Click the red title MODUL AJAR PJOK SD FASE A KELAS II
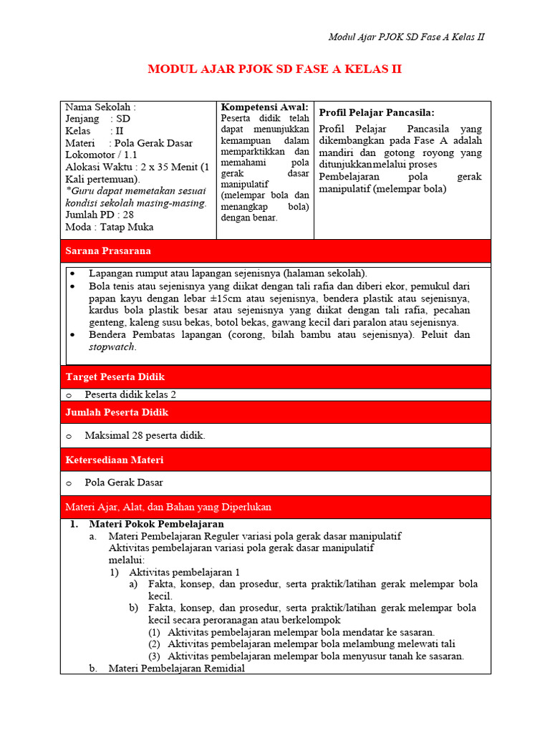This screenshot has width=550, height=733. (x=274, y=69)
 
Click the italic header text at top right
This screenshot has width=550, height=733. (x=406, y=37)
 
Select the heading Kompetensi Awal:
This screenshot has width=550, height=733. (x=264, y=107)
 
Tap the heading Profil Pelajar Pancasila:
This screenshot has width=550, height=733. (x=377, y=112)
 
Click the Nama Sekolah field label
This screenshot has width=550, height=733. (x=100, y=107)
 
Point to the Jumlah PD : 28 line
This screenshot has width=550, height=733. (x=100, y=215)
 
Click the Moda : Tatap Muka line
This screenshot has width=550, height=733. (x=109, y=227)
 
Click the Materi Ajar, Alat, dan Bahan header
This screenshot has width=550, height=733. (x=168, y=507)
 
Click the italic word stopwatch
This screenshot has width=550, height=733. (x=112, y=347)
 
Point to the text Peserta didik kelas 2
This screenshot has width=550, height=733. (x=130, y=394)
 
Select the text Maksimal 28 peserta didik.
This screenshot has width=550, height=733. (x=145, y=435)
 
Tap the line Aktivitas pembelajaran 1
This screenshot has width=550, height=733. (x=185, y=572)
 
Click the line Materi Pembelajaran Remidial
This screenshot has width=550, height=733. (x=176, y=668)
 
